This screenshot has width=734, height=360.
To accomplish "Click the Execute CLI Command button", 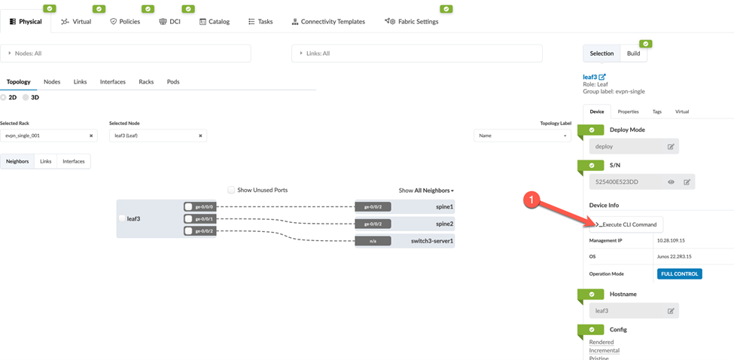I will pyautogui.click(x=626, y=224).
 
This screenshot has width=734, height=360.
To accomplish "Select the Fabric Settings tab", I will pyautogui.click(x=412, y=22).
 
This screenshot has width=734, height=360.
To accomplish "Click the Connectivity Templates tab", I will pyautogui.click(x=328, y=22).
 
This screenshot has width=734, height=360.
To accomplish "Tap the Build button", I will pyautogui.click(x=633, y=53).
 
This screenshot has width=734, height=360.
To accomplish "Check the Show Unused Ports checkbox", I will pyautogui.click(x=231, y=191).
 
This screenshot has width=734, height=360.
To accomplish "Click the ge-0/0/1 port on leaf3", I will pyautogui.click(x=204, y=219).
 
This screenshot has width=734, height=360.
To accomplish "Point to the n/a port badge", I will pyautogui.click(x=373, y=241).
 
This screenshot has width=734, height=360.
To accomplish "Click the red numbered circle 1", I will pyautogui.click(x=532, y=199).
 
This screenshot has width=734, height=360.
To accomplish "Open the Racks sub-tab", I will pyautogui.click(x=146, y=82).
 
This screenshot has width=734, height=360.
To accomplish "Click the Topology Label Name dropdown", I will pyautogui.click(x=522, y=136).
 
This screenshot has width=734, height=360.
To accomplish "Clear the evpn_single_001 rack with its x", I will pyautogui.click(x=91, y=136).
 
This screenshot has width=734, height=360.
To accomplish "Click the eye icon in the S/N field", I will pyautogui.click(x=671, y=182).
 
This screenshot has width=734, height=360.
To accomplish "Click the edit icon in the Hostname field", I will pyautogui.click(x=671, y=310).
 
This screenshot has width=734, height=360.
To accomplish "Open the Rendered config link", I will pyautogui.click(x=601, y=343).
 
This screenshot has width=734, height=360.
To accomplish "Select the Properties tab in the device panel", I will pyautogui.click(x=628, y=111).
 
